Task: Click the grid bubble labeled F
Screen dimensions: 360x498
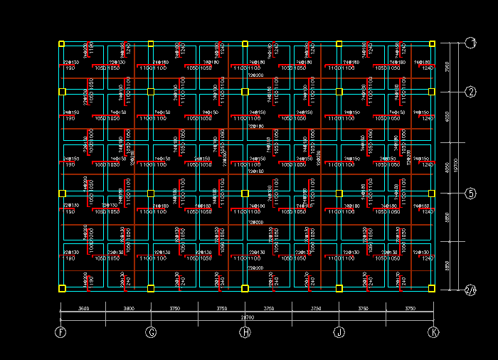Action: point(60,332)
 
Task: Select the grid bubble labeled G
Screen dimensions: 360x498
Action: point(151,332)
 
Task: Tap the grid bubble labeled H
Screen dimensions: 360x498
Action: point(245,332)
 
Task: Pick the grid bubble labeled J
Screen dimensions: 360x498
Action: point(339,332)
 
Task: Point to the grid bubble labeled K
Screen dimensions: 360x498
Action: point(433,332)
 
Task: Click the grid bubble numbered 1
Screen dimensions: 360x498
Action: point(471,43)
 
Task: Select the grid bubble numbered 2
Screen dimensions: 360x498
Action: point(471,92)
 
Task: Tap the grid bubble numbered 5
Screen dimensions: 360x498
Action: point(471,194)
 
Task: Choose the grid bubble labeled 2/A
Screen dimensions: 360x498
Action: point(470,289)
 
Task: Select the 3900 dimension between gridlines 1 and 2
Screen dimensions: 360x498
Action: point(447,68)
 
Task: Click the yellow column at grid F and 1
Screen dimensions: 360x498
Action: point(62,44)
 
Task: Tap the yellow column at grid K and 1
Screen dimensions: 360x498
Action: point(433,44)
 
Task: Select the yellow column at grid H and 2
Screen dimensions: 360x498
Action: point(245,92)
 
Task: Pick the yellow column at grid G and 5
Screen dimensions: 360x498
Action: point(151,194)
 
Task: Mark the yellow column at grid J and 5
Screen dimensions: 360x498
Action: point(339,194)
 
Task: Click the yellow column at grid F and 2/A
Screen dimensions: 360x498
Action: point(62,288)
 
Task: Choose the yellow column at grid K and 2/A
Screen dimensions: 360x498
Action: point(433,288)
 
